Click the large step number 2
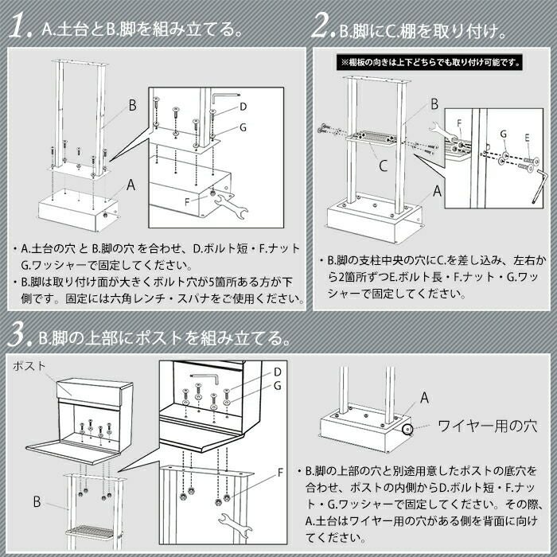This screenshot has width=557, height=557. pyautogui.click(x=322, y=26)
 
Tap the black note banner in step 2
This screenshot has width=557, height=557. pyautogui.click(x=430, y=63)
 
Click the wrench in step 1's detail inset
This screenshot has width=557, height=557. pyautogui.click(x=231, y=205)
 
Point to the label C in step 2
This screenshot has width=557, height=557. pyautogui.click(x=383, y=166)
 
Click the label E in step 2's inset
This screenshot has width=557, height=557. pyautogui.click(x=527, y=138)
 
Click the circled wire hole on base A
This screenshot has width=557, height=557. pyautogui.click(x=407, y=430)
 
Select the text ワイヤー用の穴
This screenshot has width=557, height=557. pyautogui.click(x=488, y=426)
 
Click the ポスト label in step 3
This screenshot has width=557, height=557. pyautogui.click(x=29, y=365)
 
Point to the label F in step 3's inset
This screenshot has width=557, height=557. pyautogui.click(x=280, y=473)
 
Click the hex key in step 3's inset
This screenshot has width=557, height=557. pyautogui.click(x=204, y=379)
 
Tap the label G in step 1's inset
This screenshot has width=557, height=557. pyautogui.click(x=243, y=127)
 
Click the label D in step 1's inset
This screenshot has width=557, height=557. pyautogui.click(x=243, y=106)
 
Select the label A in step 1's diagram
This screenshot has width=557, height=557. pyautogui.click(x=131, y=185)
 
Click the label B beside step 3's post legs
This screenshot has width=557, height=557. pyautogui.click(x=37, y=501)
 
